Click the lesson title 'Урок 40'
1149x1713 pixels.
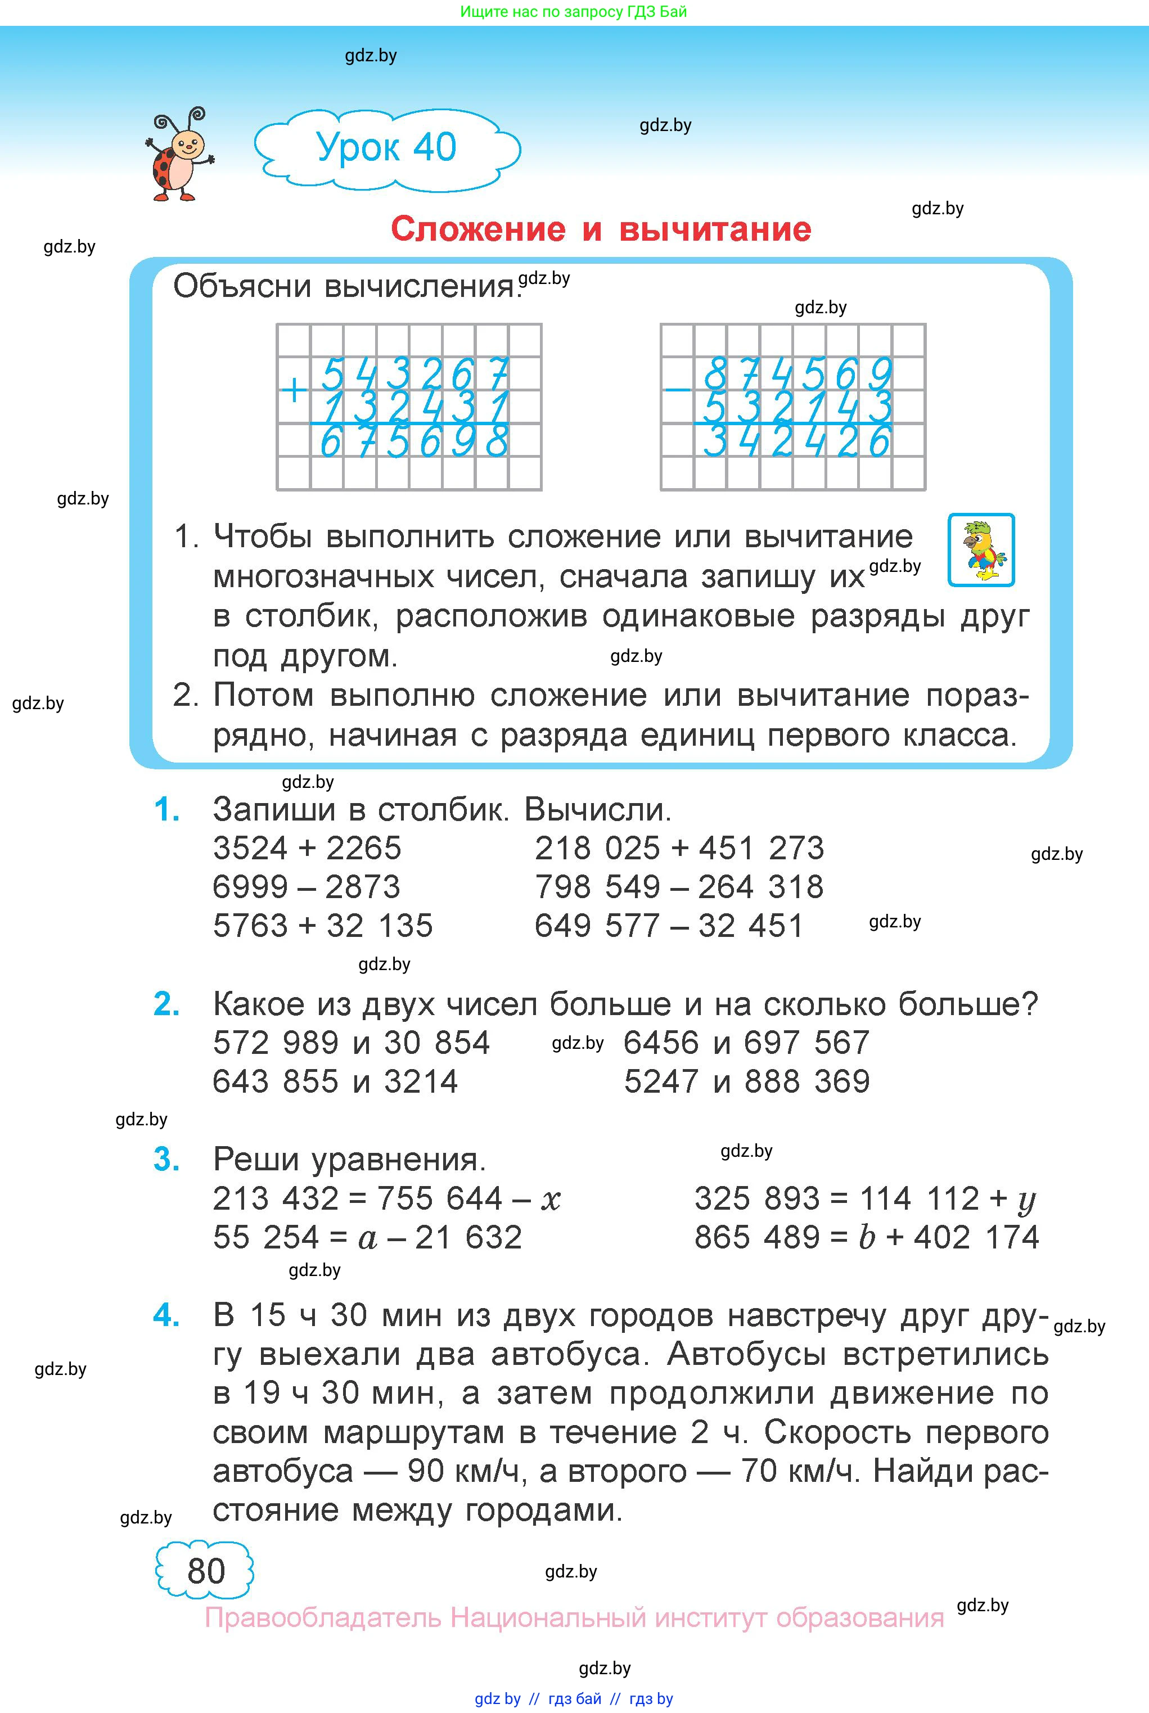386,147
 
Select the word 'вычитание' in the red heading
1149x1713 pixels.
715,229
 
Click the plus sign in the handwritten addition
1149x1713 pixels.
294,390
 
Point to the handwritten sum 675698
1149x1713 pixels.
414,443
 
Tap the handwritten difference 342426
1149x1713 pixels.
796,443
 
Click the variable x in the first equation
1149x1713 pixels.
551,1200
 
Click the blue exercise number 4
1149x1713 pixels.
166,1315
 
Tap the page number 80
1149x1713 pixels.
206,1571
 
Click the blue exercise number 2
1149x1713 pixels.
166,1004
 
